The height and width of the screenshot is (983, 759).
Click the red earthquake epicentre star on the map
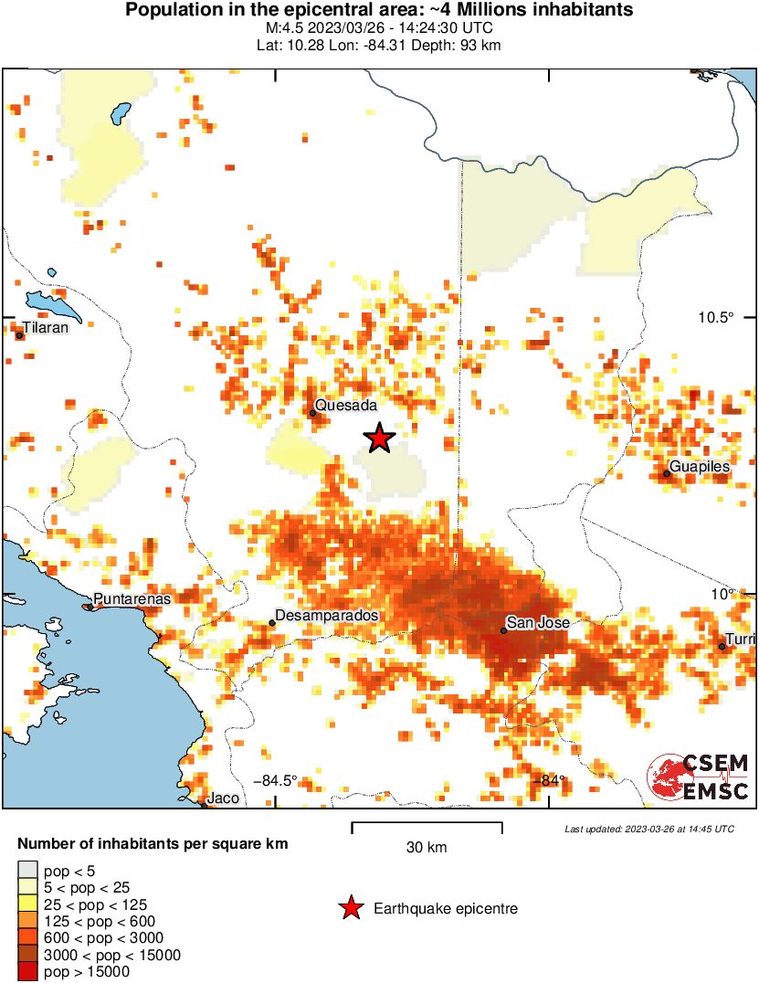point(379,439)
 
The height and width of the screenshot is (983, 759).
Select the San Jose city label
point(538,623)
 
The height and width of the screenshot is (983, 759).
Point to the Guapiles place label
point(700,467)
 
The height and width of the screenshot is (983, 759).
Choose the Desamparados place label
point(326,616)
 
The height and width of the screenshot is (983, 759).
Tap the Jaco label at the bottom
point(223,798)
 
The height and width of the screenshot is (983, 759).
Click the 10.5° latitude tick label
point(716,317)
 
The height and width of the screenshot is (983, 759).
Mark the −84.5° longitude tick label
point(275,780)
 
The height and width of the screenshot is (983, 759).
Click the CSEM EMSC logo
point(699,777)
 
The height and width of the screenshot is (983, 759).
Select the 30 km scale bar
point(427,826)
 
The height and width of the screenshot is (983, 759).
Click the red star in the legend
point(351,908)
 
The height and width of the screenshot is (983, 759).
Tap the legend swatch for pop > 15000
point(28,972)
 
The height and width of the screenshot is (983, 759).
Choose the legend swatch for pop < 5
point(28,872)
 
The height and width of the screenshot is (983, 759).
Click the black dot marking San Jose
point(503,630)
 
